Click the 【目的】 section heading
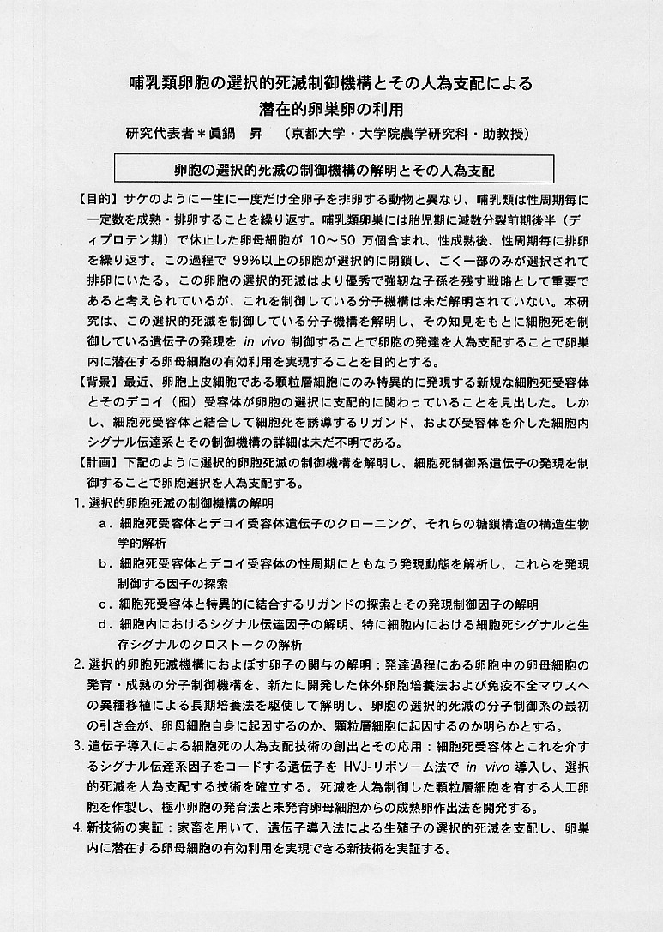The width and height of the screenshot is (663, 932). pyautogui.click(x=99, y=199)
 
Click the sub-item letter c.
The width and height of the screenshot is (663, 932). pyautogui.click(x=104, y=604)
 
